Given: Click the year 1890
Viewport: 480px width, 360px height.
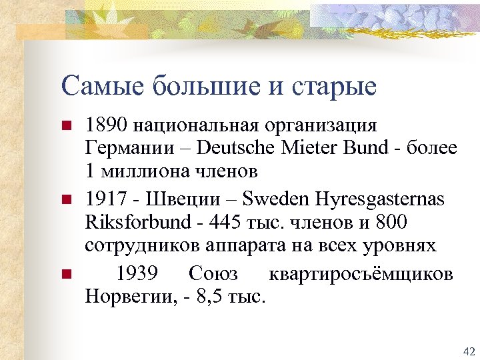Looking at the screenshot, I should coord(105,125).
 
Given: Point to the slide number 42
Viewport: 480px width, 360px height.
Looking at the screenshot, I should coord(467,351).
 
